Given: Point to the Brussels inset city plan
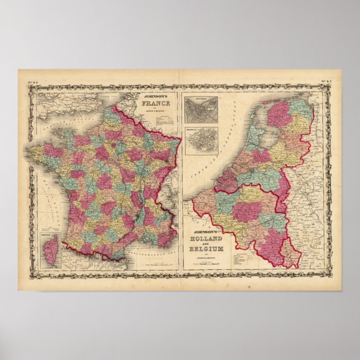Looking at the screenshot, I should point(201,140).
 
